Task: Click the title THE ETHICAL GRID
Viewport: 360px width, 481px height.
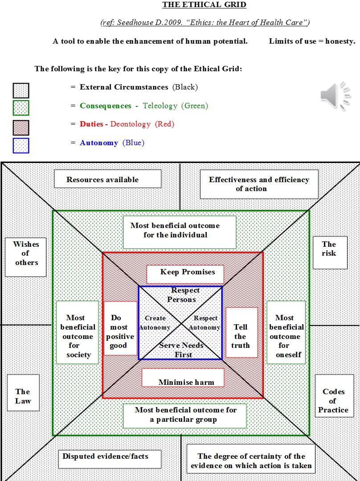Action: (x=204, y=5)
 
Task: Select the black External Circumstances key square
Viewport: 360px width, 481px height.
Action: (x=21, y=90)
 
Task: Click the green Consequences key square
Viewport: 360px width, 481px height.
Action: (x=21, y=108)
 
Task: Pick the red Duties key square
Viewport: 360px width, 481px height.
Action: (x=21, y=127)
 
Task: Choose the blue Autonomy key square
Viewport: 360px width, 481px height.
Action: (x=21, y=146)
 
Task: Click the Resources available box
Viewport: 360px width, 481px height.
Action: (x=107, y=179)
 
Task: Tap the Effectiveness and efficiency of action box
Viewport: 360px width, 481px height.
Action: (x=259, y=184)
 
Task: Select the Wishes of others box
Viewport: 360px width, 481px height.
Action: (x=26, y=257)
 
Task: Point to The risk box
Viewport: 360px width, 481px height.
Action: (x=330, y=253)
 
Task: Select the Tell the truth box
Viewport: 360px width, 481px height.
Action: (x=241, y=332)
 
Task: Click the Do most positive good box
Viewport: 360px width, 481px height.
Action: (x=120, y=328)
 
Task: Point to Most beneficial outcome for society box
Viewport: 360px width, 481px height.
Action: (x=78, y=332)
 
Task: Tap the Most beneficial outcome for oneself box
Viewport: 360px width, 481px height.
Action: (x=286, y=332)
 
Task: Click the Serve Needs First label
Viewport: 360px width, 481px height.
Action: (x=181, y=350)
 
